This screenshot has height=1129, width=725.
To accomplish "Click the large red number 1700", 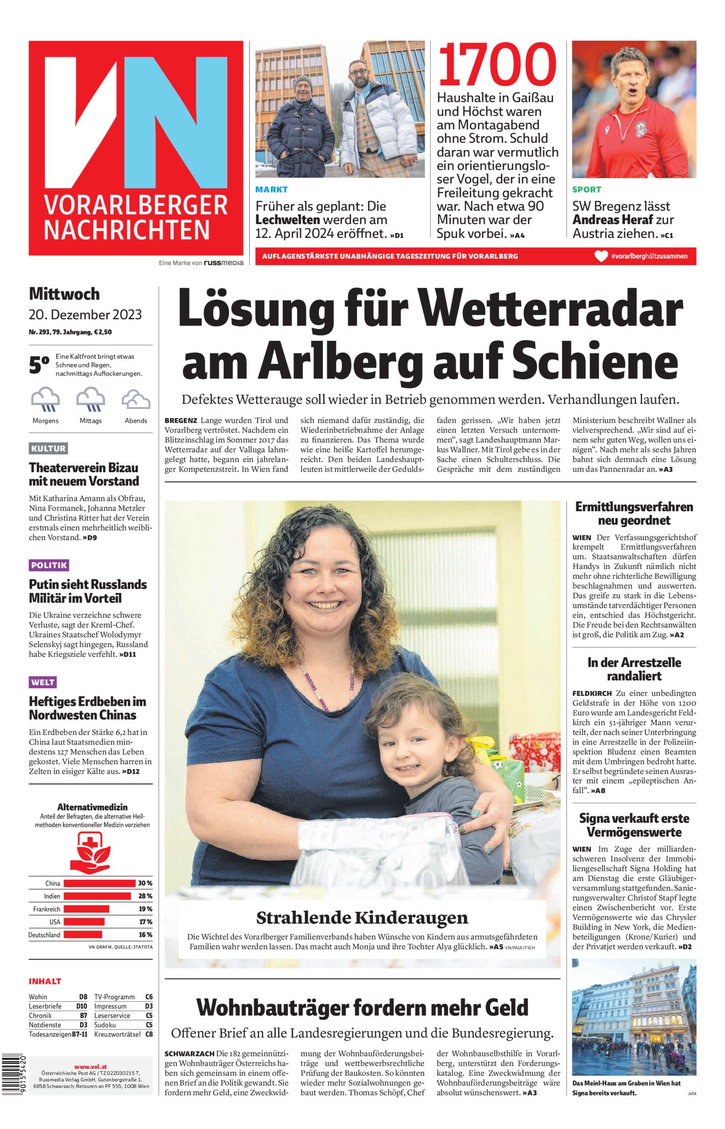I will pyautogui.click(x=497, y=65).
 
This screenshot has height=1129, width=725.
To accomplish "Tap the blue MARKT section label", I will pyautogui.click(x=271, y=190).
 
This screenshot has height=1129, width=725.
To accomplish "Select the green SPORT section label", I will pyautogui.click(x=586, y=190).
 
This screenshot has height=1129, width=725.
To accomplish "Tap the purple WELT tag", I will pyautogui.click(x=43, y=682).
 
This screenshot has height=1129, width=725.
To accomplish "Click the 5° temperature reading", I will pyautogui.click(x=39, y=366).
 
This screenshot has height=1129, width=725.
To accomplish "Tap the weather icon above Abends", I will pyautogui.click(x=135, y=400).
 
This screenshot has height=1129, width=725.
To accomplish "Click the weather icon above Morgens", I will pyautogui.click(x=45, y=400).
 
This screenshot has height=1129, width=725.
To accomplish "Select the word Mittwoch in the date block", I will pyautogui.click(x=65, y=294).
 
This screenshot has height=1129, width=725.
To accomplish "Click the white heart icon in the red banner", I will pyautogui.click(x=601, y=257).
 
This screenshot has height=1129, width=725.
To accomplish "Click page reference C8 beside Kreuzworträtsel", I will pyautogui.click(x=149, y=1034).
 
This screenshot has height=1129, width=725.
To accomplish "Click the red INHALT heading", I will pyautogui.click(x=45, y=982).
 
